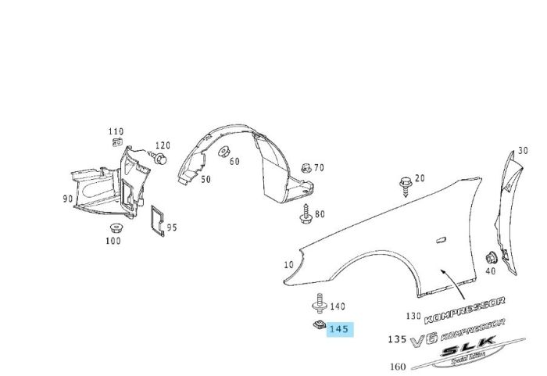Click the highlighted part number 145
pos(339,329)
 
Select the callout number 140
pos(338,306)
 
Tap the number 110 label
pos(116,131)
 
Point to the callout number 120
pos(163,145)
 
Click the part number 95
pos(172,227)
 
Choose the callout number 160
pos(398,366)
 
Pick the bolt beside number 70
pos(306,168)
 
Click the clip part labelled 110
pos(117,143)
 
